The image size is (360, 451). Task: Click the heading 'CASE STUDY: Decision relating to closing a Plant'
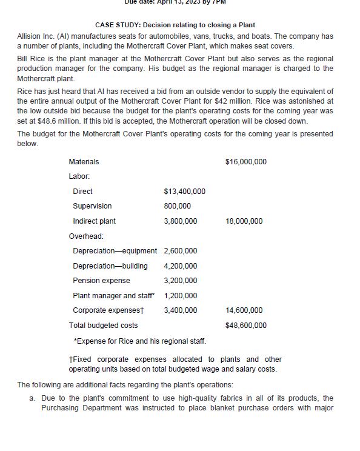175,25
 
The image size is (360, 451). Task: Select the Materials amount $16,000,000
245,162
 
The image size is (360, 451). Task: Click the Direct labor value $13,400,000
184,192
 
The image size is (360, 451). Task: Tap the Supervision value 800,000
177,206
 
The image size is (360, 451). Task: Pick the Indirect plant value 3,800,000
181,221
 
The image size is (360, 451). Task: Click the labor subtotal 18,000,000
244,221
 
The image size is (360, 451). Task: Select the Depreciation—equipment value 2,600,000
181,251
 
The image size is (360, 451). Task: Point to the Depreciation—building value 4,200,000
181,266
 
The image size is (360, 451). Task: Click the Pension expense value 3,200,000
181,281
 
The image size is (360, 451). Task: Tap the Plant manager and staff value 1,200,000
181,296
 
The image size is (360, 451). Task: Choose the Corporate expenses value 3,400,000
181,310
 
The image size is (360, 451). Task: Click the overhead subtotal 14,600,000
244,310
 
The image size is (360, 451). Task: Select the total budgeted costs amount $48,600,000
245,326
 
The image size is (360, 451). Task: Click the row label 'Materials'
84,162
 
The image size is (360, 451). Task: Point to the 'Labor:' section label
79,176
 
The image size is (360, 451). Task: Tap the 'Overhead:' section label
86,236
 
